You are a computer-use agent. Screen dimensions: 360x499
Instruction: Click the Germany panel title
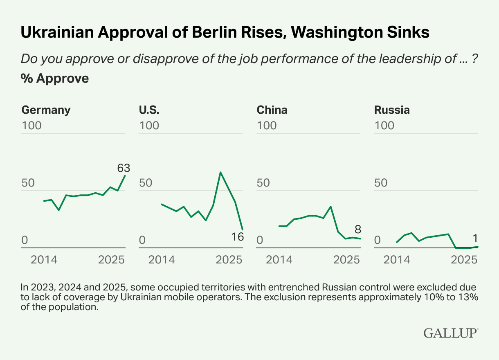pyautogui.click(x=46, y=110)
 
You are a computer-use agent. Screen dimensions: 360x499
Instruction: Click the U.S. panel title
pyautogui.click(x=149, y=110)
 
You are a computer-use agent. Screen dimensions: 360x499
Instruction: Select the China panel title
pyautogui.click(x=272, y=110)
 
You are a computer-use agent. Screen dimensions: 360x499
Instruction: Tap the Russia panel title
pyautogui.click(x=392, y=110)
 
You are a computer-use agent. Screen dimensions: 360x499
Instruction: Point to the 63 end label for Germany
pyautogui.click(x=123, y=168)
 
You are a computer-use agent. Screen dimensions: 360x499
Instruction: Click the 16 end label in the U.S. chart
pyautogui.click(x=237, y=236)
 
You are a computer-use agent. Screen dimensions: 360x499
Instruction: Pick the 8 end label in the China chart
pyautogui.click(x=357, y=229)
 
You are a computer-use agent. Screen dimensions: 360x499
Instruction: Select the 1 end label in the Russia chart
pyautogui.click(x=475, y=239)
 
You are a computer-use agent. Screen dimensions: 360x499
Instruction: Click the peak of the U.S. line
pyautogui.click(x=220, y=172)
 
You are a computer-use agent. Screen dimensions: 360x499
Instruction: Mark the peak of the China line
pyautogui.click(x=330, y=207)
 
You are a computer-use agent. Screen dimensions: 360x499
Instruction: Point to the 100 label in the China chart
pyautogui.click(x=267, y=125)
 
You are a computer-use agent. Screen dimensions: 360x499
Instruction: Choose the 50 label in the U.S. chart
pyautogui.click(x=146, y=182)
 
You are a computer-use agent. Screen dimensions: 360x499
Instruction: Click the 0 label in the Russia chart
pyautogui.click(x=378, y=240)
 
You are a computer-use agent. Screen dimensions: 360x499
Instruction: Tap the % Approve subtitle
pyautogui.click(x=55, y=78)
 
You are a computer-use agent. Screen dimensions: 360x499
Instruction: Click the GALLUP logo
pyautogui.click(x=450, y=333)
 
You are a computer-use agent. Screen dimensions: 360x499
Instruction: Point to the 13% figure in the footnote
pyautogui.click(x=470, y=297)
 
